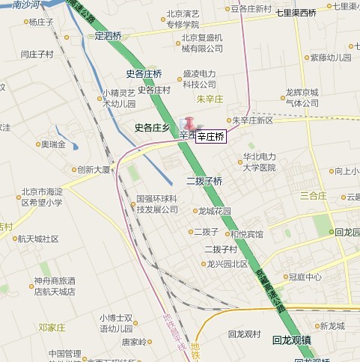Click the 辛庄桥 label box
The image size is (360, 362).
tap(211, 136)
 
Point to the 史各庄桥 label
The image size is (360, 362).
tap(144, 73)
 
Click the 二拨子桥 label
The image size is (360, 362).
tap(204, 181)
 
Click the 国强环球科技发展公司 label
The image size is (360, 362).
tap(156, 204)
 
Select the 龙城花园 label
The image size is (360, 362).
tap(215, 211)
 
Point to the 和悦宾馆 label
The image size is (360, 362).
tap(246, 234)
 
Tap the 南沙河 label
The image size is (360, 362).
tap(16, 5)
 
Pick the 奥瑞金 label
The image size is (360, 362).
tap(53, 144)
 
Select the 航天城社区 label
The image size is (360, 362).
tap(37, 239)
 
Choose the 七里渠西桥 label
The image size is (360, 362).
tap(296, 13)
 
